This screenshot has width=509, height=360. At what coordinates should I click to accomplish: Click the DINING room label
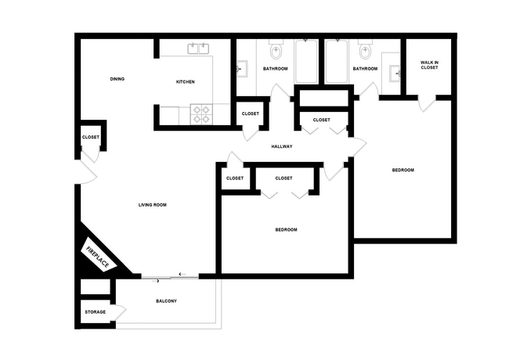pyautogui.click(x=117, y=79)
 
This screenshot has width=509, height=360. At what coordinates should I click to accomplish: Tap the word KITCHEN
pyautogui.click(x=185, y=82)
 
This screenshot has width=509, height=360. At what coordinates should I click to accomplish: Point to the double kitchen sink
pyautogui.click(x=200, y=49)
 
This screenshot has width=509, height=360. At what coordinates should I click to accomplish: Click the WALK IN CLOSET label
pyautogui.click(x=429, y=65)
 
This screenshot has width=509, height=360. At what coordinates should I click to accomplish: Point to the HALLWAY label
pyautogui.click(x=282, y=146)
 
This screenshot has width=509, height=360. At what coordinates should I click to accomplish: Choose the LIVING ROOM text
pyautogui.click(x=153, y=205)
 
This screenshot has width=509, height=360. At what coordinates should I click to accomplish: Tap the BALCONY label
pyautogui.click(x=166, y=301)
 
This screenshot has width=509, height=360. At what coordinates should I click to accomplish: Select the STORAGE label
pyautogui.click(x=96, y=312)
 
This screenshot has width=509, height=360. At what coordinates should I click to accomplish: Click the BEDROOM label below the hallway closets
pyautogui.click(x=286, y=229)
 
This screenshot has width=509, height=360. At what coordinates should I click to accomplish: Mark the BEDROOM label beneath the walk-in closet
pyautogui.click(x=403, y=170)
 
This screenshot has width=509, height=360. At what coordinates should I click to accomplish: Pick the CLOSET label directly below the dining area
pyautogui.click(x=91, y=138)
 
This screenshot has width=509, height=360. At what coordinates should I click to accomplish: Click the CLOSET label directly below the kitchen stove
pyautogui.click(x=251, y=114)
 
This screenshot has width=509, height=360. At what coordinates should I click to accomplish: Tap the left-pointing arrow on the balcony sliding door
pyautogui.click(x=182, y=274)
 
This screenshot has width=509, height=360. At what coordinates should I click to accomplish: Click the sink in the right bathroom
pyautogui.click(x=397, y=75)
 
